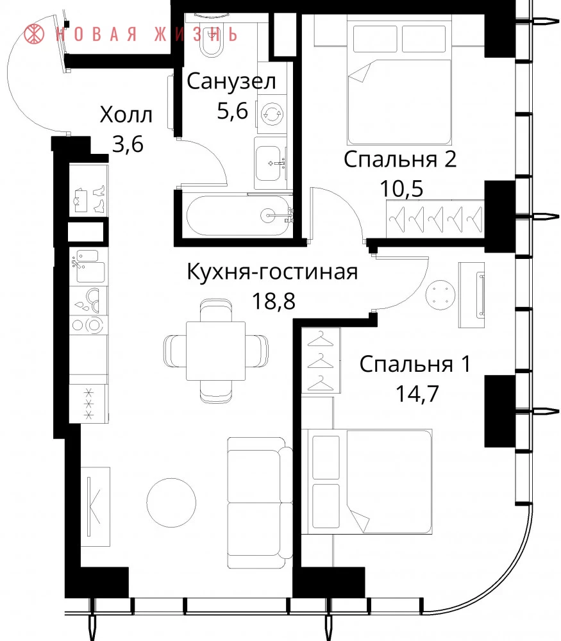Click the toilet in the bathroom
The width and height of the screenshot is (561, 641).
[212, 36]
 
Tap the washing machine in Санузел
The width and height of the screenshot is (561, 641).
[271, 114]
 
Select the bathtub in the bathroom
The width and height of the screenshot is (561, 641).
[239, 215]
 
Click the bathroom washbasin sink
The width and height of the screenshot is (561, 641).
[271, 163]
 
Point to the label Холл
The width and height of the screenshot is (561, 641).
[126, 115]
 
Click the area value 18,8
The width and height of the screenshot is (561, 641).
[273, 301]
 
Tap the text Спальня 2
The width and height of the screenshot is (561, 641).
[400, 159]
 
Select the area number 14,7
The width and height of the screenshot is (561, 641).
[417, 394]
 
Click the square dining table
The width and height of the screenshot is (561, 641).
[216, 351]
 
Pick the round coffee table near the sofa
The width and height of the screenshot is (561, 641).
[171, 503]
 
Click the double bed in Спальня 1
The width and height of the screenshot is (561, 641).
[367, 481]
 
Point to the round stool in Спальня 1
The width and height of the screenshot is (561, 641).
[440, 295]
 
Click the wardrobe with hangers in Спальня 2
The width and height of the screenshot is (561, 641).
[435, 219]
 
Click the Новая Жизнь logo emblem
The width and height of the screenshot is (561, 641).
[34, 34]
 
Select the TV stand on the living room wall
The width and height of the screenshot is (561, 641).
[96, 506]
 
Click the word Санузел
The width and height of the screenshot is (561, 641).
[231, 81]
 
